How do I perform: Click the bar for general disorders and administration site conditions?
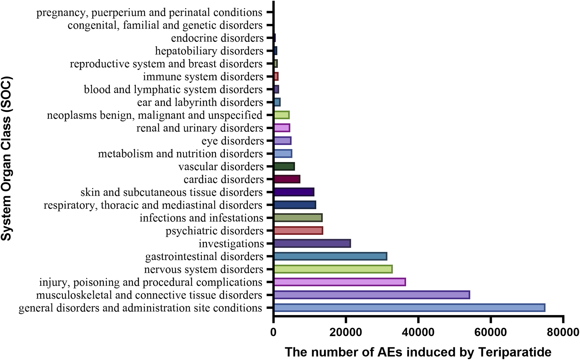pyautogui.click(x=409, y=308)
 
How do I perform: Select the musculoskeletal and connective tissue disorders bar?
pyautogui.click(x=372, y=295)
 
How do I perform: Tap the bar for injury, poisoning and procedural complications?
pyautogui.click(x=340, y=282)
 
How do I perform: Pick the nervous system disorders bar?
pyautogui.click(x=333, y=269)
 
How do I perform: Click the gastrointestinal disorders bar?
pyautogui.click(x=330, y=256)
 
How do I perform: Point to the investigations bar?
pyautogui.click(x=312, y=243)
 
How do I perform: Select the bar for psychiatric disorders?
pyautogui.click(x=298, y=231)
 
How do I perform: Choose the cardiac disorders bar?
pyautogui.click(x=287, y=179)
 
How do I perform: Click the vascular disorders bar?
pyautogui.click(x=284, y=166)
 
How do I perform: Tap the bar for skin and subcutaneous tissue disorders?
pyautogui.click(x=294, y=192)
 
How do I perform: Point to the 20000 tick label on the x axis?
pyautogui.click(x=346, y=332)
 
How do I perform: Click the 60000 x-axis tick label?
pyautogui.click(x=490, y=332)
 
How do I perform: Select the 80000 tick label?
pyautogui.click(x=563, y=332)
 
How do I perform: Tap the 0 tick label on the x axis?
pyautogui.click(x=274, y=332)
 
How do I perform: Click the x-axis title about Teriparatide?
pyautogui.click(x=418, y=352)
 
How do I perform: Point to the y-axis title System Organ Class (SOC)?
pyautogui.click(x=6, y=159)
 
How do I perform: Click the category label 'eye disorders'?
pyautogui.click(x=232, y=141)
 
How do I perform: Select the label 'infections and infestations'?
pyautogui.click(x=201, y=218)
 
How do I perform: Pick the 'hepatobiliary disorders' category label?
pyautogui.click(x=209, y=51)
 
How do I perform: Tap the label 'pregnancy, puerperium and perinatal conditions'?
pyautogui.click(x=149, y=12)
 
